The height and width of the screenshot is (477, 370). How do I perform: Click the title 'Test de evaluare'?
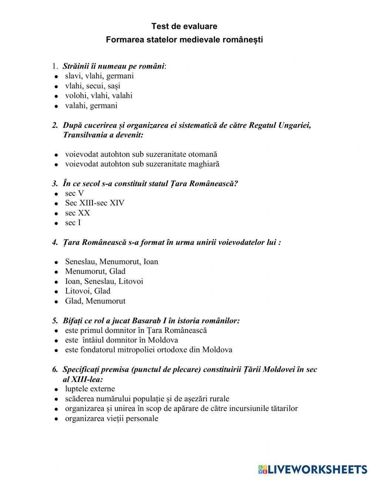(x=184, y=26)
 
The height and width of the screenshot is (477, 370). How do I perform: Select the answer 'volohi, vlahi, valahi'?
(x=98, y=96)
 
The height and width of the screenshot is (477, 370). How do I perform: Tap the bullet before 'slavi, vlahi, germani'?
(x=56, y=77)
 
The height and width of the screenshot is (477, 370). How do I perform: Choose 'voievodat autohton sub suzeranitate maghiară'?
(x=142, y=164)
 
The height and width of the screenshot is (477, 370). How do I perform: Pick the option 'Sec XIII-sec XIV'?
(x=95, y=203)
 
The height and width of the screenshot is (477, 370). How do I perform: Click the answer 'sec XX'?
(x=77, y=213)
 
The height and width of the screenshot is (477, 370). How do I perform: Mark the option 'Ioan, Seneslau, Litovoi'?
(x=104, y=281)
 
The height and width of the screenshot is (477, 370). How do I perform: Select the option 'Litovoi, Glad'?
(x=88, y=291)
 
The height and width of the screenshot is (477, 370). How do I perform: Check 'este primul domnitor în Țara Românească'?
(x=136, y=330)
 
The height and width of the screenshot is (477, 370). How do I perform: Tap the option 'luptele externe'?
(x=90, y=389)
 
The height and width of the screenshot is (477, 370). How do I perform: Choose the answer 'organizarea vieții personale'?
(x=111, y=418)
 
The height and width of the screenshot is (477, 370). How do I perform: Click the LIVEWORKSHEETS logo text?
(x=316, y=469)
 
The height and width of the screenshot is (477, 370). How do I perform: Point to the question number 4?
(x=55, y=243)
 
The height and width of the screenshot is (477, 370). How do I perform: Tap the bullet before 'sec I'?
(x=56, y=224)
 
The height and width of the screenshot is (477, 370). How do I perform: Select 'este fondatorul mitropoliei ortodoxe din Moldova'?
(x=148, y=350)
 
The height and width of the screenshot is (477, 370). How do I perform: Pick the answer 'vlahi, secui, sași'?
(x=92, y=86)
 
